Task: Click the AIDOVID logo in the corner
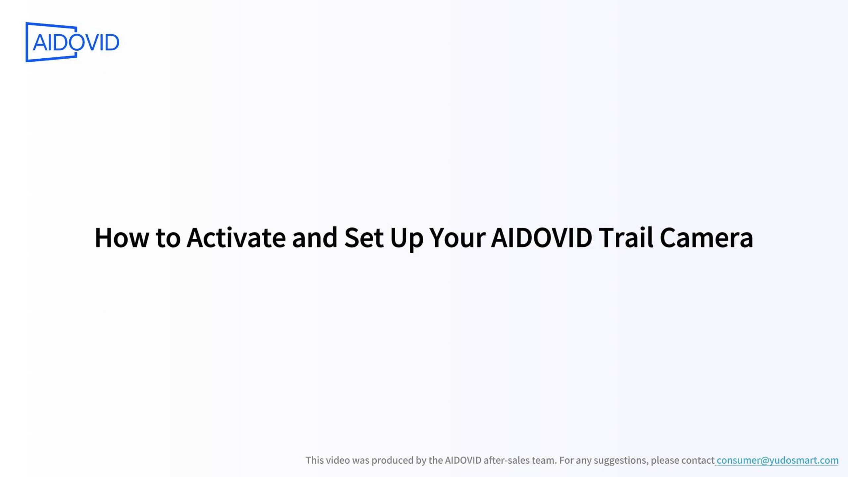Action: pos(72,42)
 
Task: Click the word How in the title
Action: pos(122,238)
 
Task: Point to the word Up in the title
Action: pos(407,239)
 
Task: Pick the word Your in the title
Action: pos(457,238)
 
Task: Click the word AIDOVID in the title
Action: pos(542,238)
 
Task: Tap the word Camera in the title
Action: pos(706,238)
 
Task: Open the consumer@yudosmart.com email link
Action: pos(777,460)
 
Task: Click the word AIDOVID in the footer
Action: pos(463,460)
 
